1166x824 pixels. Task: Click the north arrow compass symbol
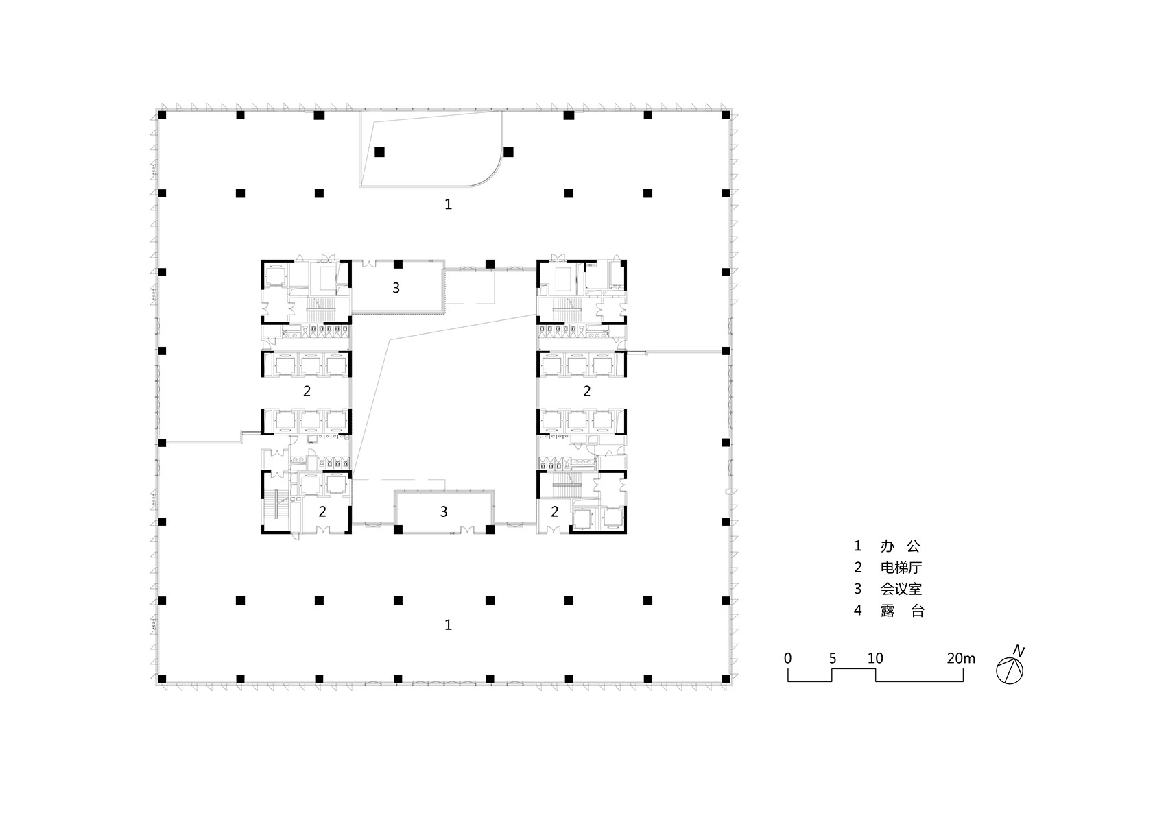1010,670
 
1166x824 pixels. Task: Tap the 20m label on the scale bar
961,658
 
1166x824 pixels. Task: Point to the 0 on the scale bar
787,658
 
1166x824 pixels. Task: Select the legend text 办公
901,546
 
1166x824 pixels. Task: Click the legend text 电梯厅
901,567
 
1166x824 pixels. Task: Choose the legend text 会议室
901,589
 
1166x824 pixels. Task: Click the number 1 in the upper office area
448,204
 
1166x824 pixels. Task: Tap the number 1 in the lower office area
448,625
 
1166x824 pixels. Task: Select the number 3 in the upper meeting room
396,288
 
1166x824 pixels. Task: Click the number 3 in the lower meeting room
444,512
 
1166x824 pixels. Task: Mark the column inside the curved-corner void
379,152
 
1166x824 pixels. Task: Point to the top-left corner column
162,115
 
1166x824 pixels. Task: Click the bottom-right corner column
726,679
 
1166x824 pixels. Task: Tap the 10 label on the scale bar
875,658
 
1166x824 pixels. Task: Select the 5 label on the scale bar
833,658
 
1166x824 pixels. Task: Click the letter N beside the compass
1019,651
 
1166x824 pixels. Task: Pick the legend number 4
858,610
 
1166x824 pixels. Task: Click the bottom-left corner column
162,679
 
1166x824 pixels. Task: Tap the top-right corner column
726,115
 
